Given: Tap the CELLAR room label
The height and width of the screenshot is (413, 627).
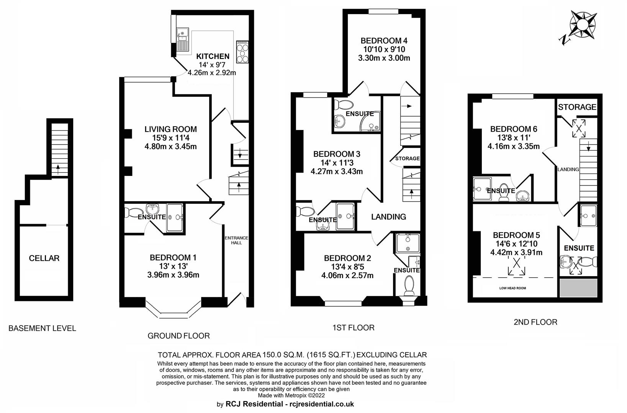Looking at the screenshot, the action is tap(44, 258).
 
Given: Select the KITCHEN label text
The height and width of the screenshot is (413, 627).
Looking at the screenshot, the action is tap(213, 56).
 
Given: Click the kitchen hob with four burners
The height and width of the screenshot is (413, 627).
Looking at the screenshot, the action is tap(242, 52).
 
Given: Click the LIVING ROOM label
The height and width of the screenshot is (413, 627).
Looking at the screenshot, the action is tap(170, 129).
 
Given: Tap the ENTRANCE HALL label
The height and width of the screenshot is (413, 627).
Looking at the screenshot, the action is tap(237, 240).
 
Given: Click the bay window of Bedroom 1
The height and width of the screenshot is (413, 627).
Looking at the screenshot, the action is tap(173, 310).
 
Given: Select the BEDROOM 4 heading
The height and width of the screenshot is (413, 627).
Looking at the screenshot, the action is tap(384, 41).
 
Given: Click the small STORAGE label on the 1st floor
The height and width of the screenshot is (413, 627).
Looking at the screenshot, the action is tap(407, 158).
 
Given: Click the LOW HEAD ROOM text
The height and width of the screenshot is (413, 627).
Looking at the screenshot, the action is tap(512, 288).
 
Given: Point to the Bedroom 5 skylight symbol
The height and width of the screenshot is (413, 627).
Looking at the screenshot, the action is tap(516, 266).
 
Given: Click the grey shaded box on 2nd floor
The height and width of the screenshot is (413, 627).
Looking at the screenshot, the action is tap(579, 288).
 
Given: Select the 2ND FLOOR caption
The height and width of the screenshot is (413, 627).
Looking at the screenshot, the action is tap(535, 322).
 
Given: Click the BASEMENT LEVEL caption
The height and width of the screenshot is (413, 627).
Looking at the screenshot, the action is tap(42, 328).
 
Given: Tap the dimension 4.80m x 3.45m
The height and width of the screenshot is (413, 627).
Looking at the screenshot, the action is tap(170, 146).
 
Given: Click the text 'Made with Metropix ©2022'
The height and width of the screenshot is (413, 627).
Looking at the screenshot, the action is tap(291, 395).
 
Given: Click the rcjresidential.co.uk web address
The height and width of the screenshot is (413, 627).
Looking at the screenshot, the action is tap(322, 404).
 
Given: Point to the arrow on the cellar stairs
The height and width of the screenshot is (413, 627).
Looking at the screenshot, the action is tap(58, 167).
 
